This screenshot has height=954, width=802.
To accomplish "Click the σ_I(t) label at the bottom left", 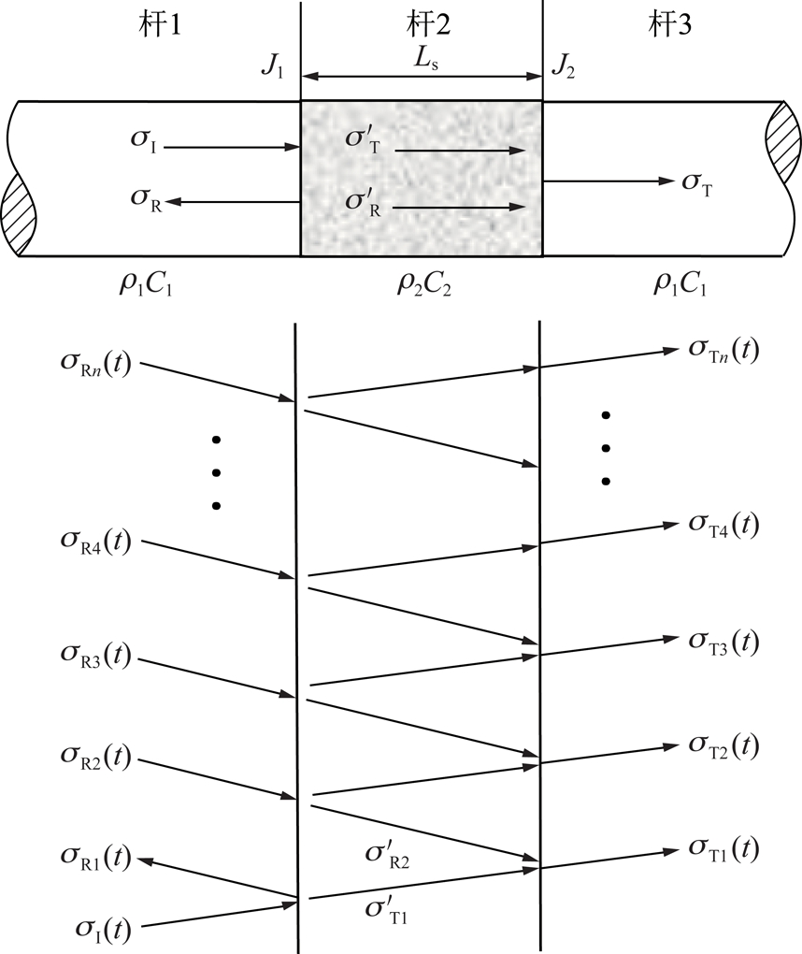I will click(x=103, y=929).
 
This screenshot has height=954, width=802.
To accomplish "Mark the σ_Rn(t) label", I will click(x=98, y=359).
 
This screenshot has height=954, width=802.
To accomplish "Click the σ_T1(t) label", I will click(x=723, y=847).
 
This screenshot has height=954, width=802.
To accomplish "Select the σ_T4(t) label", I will click(x=723, y=525).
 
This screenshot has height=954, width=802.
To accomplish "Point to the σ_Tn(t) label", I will click(x=723, y=350).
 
